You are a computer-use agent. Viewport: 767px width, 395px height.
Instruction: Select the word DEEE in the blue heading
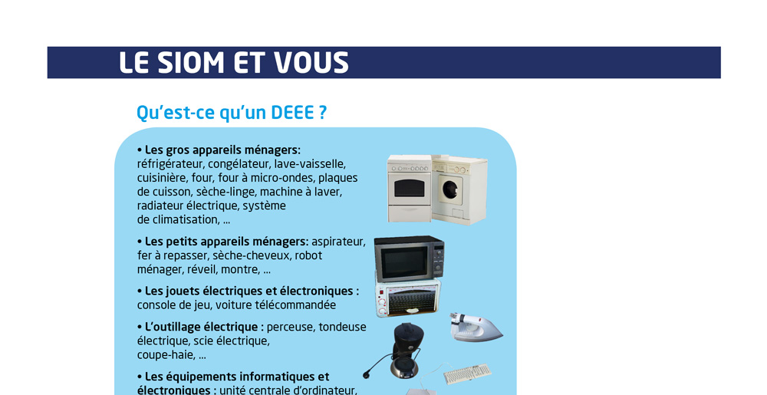pos(292,113)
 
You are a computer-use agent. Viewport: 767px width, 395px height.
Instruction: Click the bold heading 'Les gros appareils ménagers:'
pos(219,150)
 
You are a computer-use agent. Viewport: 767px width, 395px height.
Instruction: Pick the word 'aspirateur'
pos(338,242)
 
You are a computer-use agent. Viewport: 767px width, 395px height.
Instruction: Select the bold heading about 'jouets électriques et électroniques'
pos(248,291)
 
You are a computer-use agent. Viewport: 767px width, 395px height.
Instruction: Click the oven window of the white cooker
pos(410,188)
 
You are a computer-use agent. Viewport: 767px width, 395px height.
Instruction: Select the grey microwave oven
pos(410,258)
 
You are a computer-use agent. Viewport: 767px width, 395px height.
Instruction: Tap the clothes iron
pos(476,327)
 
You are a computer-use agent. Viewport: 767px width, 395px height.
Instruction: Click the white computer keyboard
pos(467,374)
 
